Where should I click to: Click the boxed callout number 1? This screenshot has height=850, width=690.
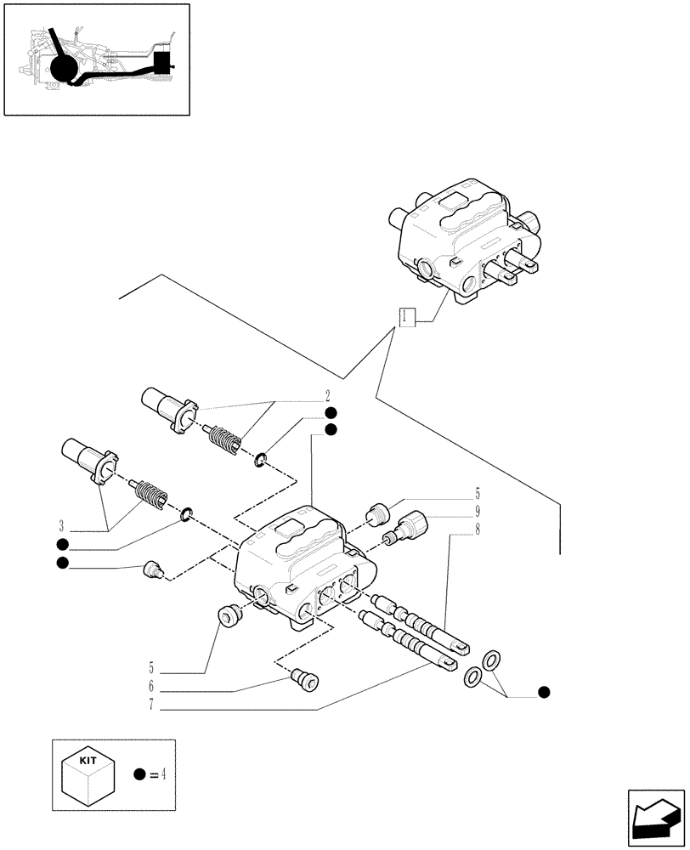click(406, 317)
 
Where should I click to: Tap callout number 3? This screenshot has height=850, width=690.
click(63, 524)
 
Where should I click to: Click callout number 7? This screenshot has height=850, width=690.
click(150, 705)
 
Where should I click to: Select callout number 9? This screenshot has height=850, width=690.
click(478, 512)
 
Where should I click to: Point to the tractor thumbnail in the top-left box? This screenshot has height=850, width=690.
click(96, 59)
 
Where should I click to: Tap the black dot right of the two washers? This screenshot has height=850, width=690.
click(544, 692)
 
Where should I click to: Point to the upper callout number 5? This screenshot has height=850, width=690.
click(478, 494)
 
